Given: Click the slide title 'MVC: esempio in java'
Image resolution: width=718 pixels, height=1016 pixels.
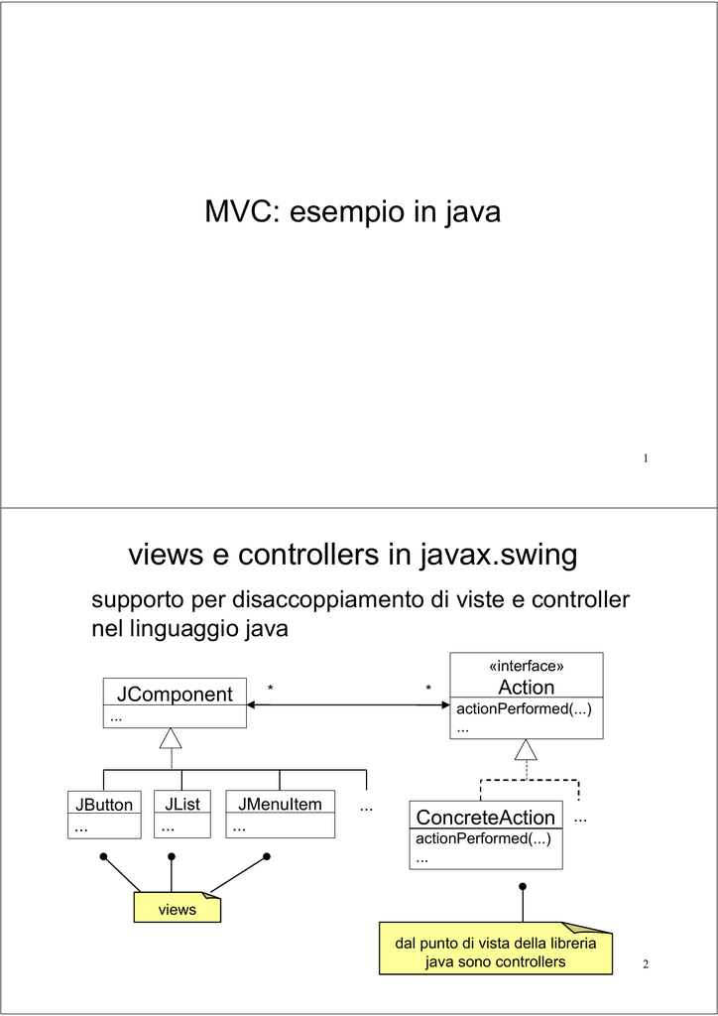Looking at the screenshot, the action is pos(353,212).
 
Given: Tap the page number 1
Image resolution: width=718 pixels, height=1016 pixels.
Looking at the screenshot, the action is pos(646,458).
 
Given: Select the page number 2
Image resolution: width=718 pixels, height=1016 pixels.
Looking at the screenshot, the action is pos(646,964).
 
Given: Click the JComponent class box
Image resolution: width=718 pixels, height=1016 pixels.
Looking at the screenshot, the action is pos(175,703).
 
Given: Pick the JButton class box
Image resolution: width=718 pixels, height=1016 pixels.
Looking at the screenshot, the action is pos(104,815).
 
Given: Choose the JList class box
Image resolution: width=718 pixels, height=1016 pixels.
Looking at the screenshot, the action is pos(182,814).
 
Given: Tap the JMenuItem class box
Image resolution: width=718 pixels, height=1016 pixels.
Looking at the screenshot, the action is pos(281,814).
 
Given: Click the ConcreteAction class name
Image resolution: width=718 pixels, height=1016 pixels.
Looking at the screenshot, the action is pos(486,818).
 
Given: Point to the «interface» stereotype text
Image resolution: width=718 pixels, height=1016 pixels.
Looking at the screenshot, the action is pos(526,666).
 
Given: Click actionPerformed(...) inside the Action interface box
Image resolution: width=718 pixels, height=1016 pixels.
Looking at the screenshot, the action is pos(525,708).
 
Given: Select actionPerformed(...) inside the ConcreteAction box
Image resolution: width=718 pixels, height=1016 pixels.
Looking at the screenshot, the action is pos(483,838).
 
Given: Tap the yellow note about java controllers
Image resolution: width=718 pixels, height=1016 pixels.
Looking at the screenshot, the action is pos(496,948).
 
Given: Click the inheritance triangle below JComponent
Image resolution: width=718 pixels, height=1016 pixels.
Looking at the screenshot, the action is pos(171,738).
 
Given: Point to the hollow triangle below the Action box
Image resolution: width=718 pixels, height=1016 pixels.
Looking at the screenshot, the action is pos(527,749).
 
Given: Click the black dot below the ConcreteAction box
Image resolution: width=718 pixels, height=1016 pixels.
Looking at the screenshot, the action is pos(523,886).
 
